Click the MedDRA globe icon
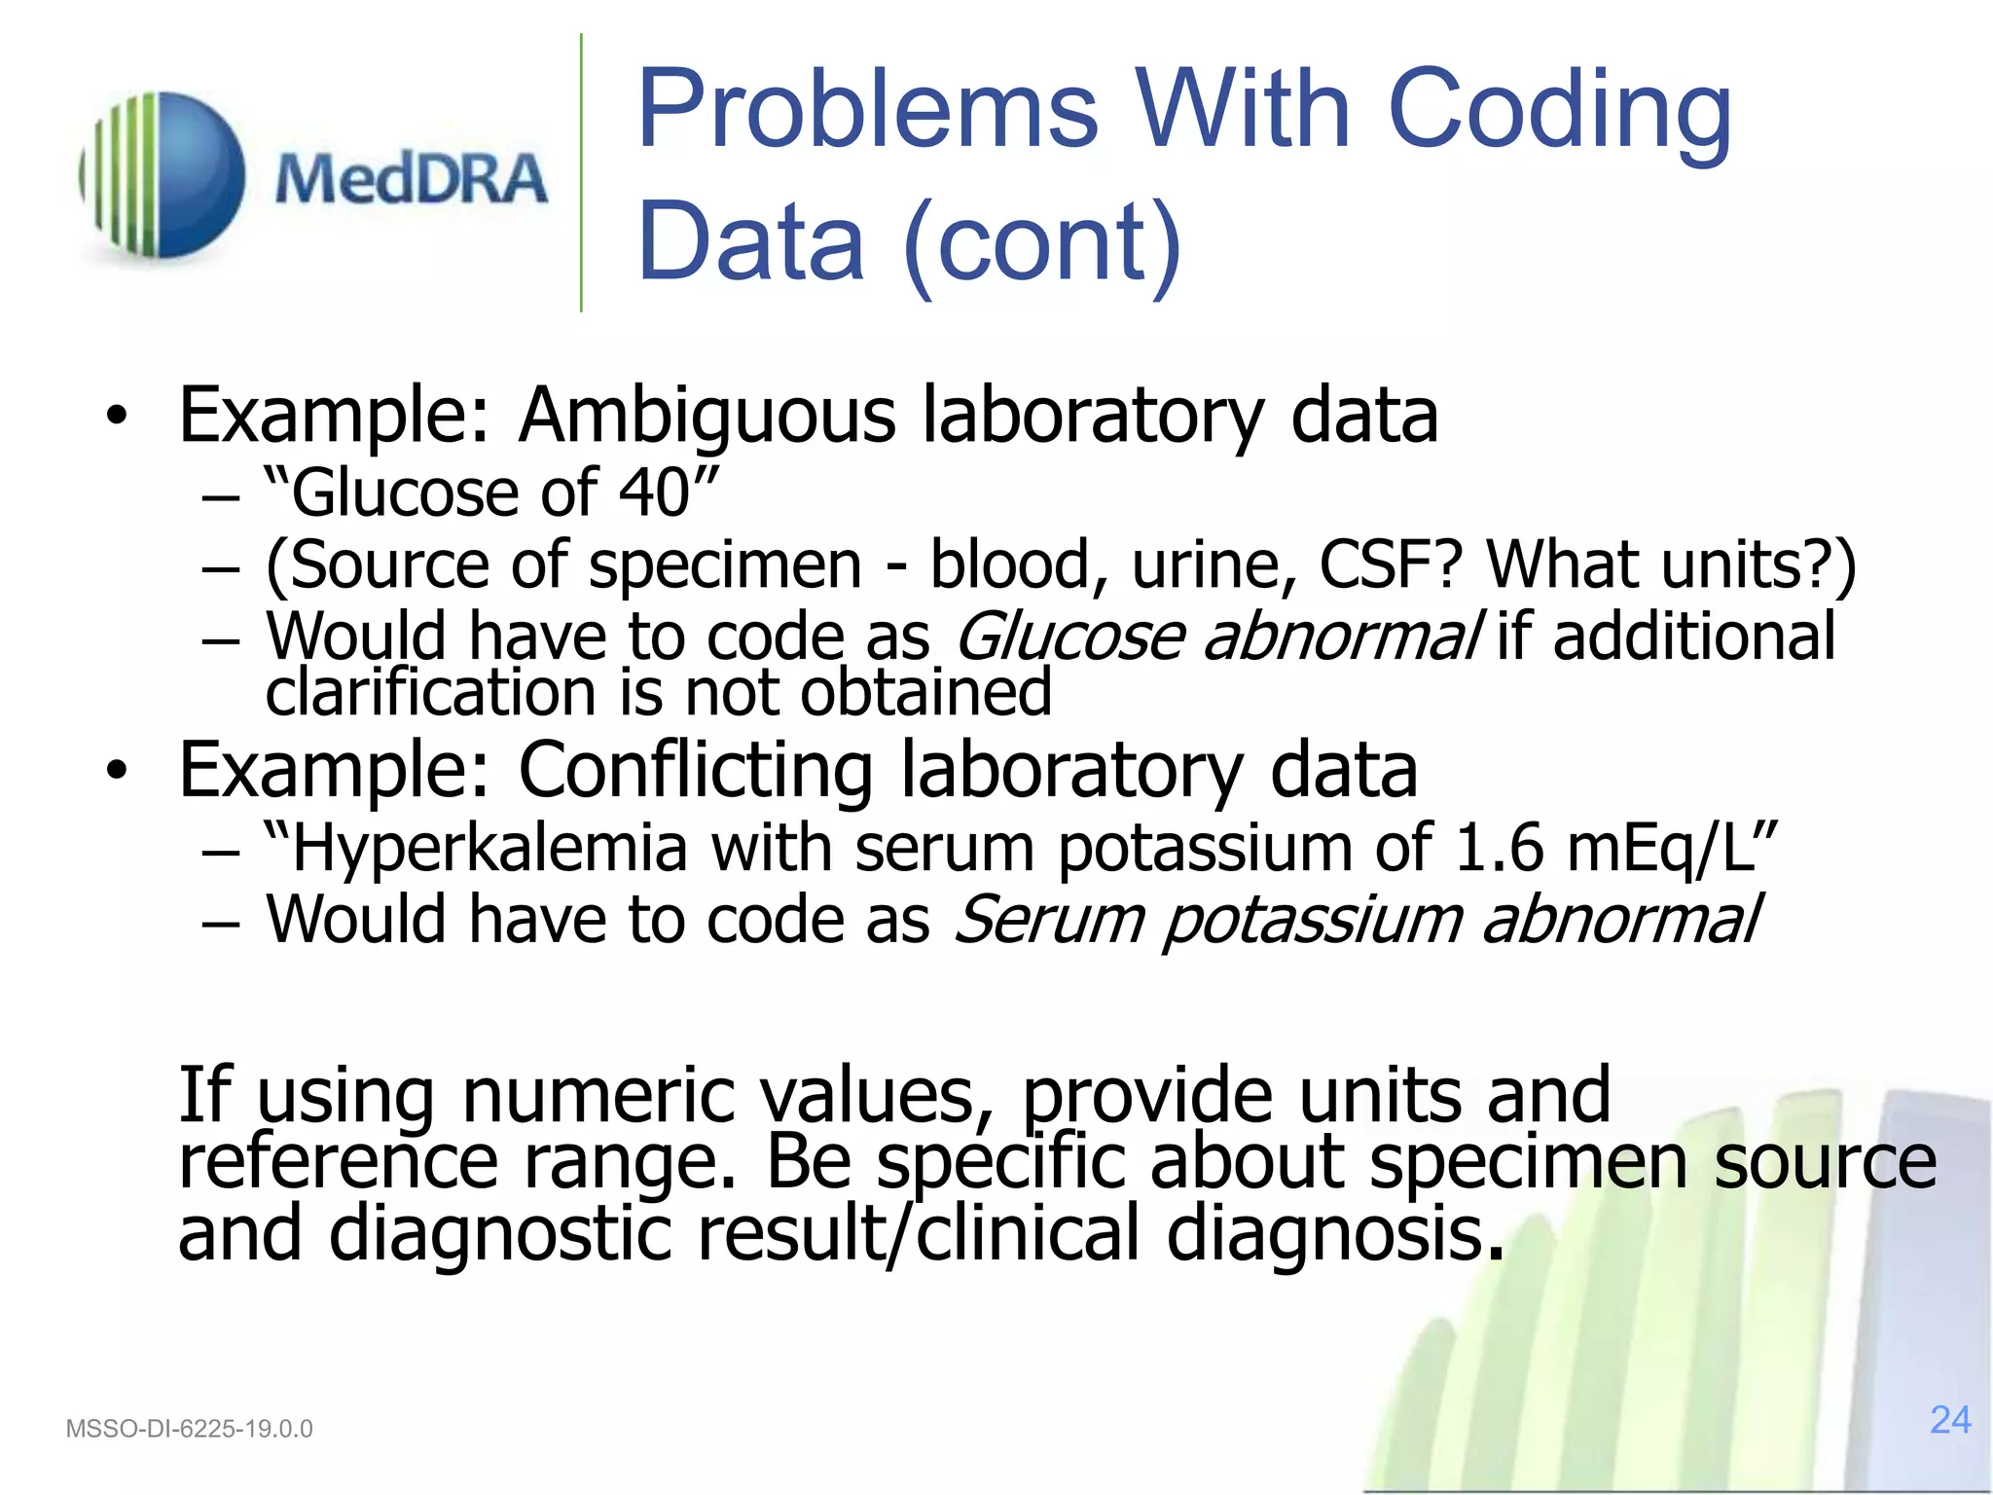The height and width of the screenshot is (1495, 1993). click(163, 175)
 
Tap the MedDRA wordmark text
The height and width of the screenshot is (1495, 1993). click(411, 179)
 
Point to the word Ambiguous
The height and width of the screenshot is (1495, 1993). click(707, 417)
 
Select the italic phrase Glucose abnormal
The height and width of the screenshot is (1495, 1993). click(1218, 637)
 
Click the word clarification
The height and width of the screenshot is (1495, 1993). click(430, 693)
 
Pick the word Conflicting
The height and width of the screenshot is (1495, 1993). click(695, 771)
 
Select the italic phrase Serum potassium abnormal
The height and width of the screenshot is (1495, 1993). click(1357, 920)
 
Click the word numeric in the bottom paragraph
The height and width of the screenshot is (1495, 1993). click(598, 1096)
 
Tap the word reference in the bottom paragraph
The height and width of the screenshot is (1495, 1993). click(337, 1162)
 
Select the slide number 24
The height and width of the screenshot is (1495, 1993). click(1950, 1420)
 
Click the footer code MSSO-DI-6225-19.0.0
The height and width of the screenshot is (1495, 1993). click(189, 1429)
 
